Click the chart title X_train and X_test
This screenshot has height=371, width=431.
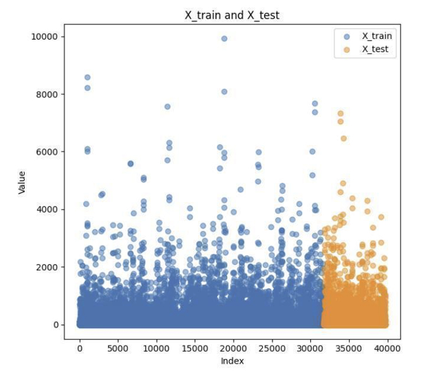pyautogui.click(x=231, y=15)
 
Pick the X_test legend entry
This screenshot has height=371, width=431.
pyautogui.click(x=375, y=49)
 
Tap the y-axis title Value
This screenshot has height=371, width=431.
pyautogui.click(x=22, y=182)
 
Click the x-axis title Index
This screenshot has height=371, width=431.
pyautogui.click(x=232, y=361)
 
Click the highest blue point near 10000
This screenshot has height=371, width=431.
pyautogui.click(x=224, y=38)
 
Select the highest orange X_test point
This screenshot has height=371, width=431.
pyautogui.click(x=340, y=114)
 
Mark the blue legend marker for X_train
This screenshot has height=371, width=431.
pyautogui.click(x=346, y=36)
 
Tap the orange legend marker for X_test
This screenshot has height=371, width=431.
pyautogui.click(x=346, y=49)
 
